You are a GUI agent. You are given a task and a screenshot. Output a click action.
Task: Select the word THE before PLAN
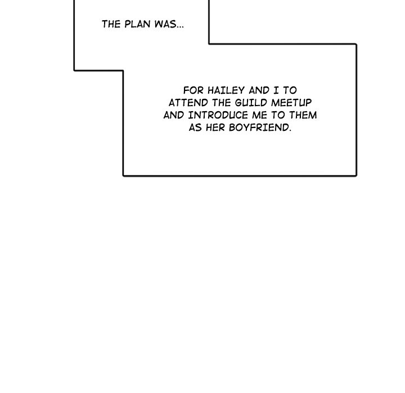click(x=111, y=24)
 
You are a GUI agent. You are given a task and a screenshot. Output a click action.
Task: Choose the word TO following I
click(x=290, y=90)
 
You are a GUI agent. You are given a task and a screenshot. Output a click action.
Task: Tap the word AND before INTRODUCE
click(x=174, y=115)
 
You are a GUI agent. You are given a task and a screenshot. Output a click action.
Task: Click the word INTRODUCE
click(x=217, y=115)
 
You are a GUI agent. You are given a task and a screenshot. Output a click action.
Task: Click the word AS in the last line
click(x=195, y=127)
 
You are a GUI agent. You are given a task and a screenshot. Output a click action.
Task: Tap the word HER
click(x=217, y=127)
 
